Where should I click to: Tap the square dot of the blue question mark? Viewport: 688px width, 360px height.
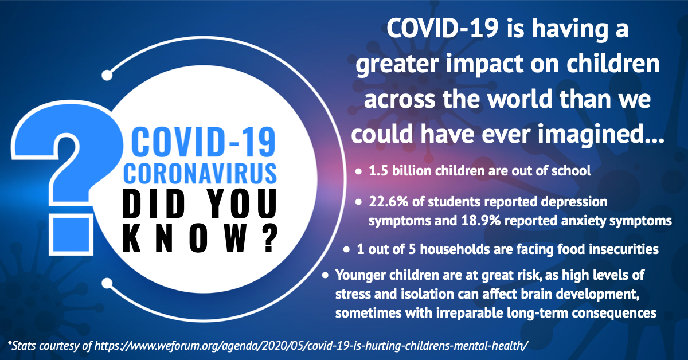[71, 235]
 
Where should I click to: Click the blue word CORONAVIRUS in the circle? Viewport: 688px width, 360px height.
[200, 173]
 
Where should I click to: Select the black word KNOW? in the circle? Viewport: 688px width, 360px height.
[200, 238]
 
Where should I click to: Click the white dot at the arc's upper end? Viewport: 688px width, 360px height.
[107, 75]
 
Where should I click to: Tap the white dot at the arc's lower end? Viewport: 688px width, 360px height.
[107, 283]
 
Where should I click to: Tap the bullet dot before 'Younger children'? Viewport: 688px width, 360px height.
[325, 276]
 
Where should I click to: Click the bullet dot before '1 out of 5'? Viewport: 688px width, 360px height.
[346, 250]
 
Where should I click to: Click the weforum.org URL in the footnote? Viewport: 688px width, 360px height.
[311, 346]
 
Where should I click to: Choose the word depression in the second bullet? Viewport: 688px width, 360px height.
[574, 202]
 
